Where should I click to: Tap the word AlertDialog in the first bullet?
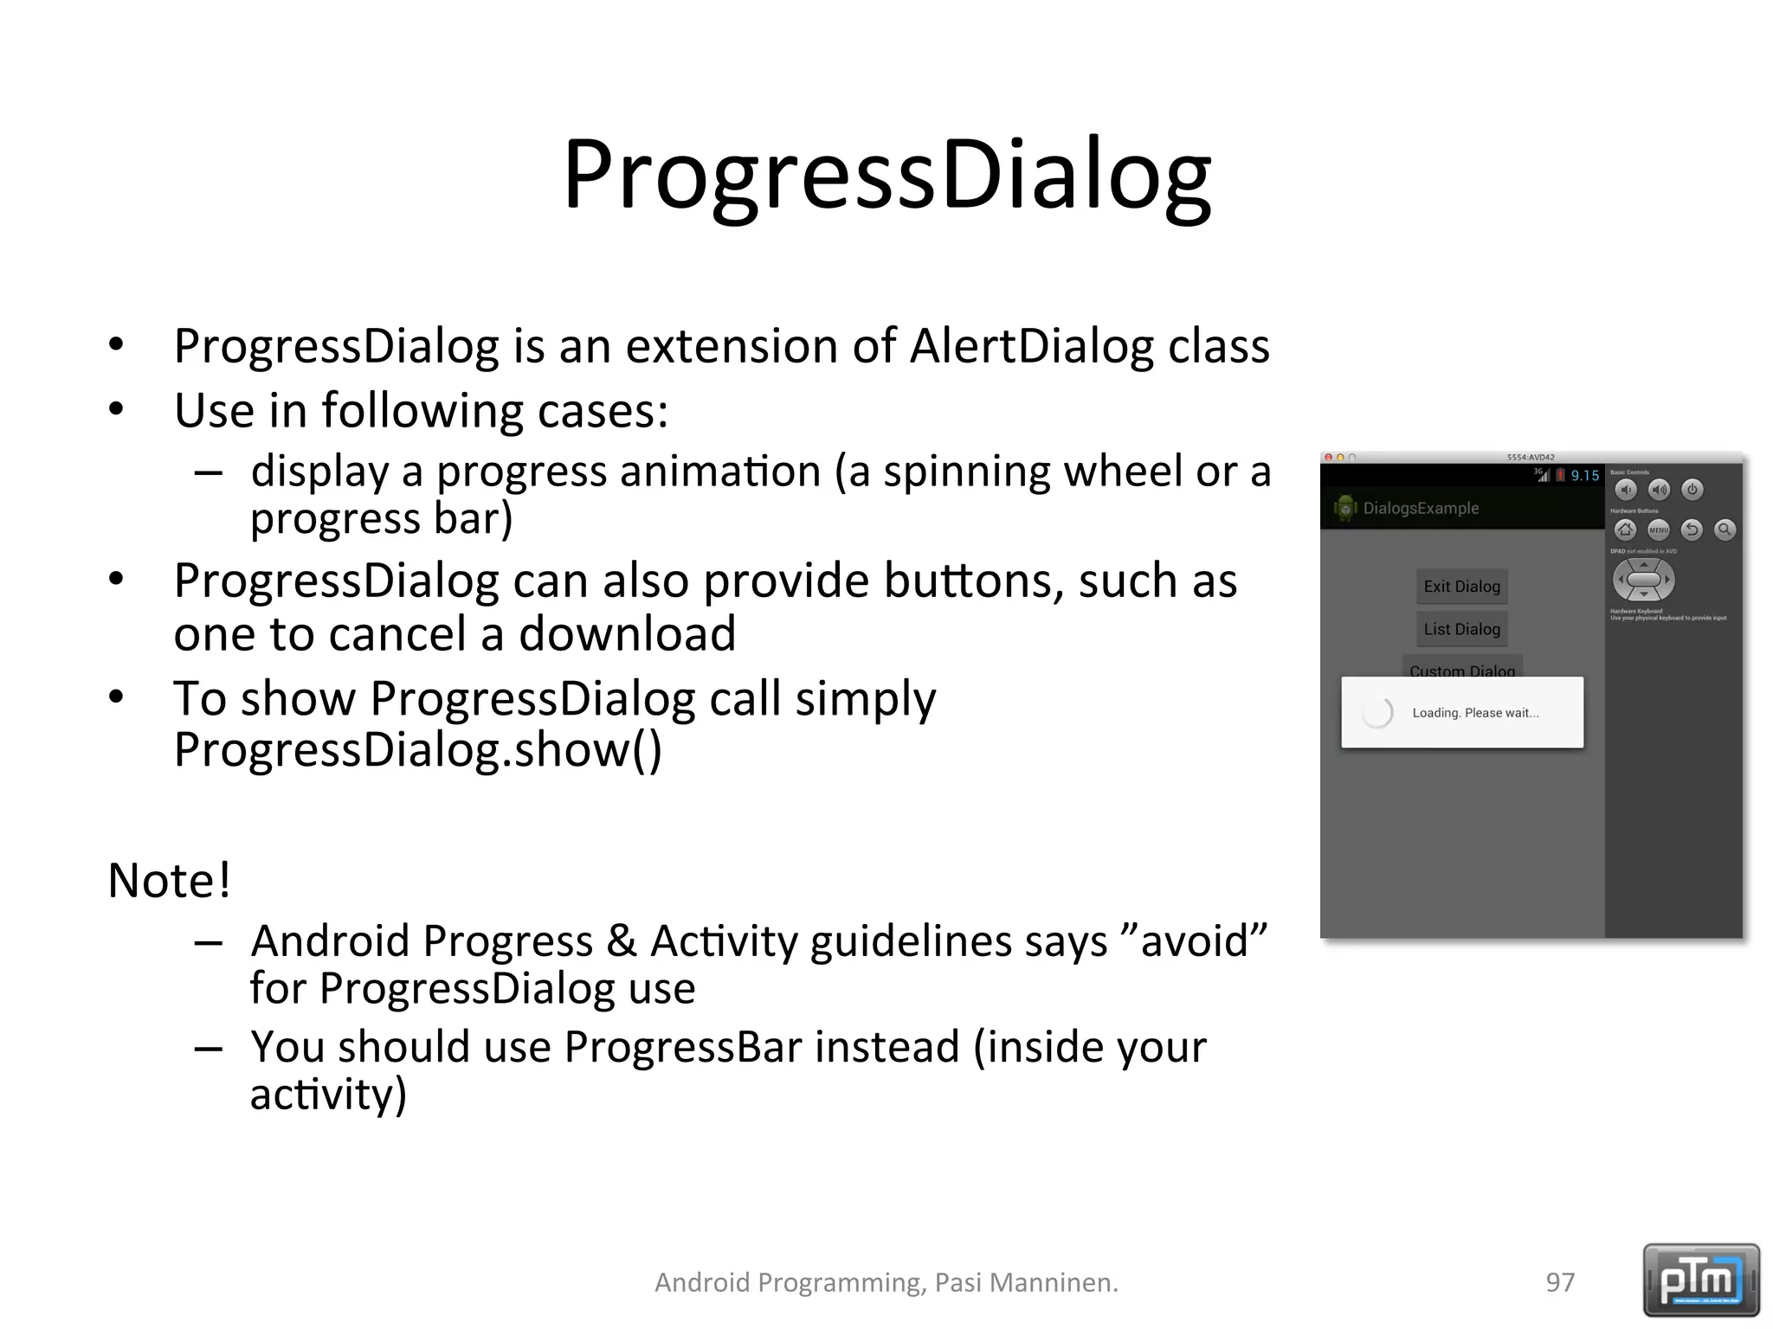pos(1031,346)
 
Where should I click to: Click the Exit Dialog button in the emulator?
pos(1461,587)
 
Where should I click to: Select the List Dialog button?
pos(1461,629)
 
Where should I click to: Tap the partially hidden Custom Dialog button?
pos(1461,670)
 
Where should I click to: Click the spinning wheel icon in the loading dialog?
pos(1376,713)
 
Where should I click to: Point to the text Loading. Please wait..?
pos(1475,713)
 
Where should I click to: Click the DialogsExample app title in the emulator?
pos(1421,509)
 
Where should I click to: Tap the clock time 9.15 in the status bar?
pos(1584,476)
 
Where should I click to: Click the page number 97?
pos(1560,1282)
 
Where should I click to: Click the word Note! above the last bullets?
pos(170,881)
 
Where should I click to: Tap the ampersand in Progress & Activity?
pos(622,941)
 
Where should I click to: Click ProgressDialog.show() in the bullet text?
pos(417,750)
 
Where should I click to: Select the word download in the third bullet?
pos(627,634)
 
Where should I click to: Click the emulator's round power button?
pos(1692,490)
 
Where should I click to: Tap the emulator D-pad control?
pos(1643,580)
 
